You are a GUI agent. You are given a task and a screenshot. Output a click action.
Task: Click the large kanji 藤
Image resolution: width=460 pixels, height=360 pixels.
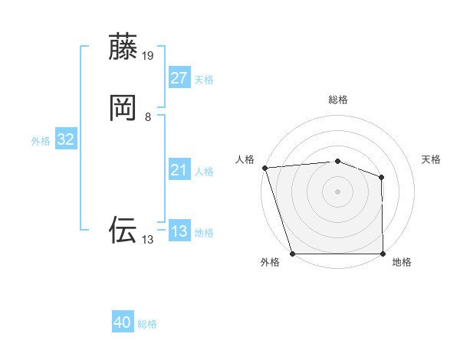coord(123,47)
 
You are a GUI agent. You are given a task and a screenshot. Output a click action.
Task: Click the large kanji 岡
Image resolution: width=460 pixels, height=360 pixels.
coord(123,107)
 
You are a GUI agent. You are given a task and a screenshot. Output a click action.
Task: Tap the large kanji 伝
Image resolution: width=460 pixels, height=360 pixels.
coord(123,230)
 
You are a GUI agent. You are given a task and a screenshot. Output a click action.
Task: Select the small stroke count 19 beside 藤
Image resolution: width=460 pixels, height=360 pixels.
coord(148,56)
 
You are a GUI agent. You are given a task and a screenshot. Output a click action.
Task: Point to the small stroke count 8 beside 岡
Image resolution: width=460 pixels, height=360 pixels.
coord(148,117)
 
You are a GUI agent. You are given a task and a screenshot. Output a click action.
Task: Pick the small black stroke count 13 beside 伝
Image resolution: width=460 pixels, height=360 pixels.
coord(148,240)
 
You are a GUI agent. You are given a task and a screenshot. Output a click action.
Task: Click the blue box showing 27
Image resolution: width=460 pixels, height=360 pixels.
coord(179,78)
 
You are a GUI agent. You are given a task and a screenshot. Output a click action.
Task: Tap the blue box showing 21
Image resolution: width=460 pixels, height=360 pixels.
coord(179,170)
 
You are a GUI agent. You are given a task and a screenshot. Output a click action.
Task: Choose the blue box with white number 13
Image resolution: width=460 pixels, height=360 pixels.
coord(179,231)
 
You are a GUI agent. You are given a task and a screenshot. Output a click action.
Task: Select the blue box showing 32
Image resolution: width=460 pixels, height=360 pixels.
coord(65,139)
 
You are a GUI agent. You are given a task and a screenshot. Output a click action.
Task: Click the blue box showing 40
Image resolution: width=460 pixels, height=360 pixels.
coord(123,322)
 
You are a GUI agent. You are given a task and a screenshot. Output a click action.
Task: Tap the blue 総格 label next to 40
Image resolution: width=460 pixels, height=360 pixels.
coord(147,324)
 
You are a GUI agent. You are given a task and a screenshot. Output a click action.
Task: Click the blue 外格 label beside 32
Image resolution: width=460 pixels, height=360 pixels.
coord(41,141)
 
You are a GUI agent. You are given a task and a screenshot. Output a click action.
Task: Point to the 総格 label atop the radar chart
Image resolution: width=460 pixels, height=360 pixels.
coord(337,100)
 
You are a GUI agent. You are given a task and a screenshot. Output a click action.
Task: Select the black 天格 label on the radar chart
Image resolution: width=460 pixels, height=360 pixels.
coord(432,159)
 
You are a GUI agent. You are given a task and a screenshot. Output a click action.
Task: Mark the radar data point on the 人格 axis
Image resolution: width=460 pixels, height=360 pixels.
coord(264,168)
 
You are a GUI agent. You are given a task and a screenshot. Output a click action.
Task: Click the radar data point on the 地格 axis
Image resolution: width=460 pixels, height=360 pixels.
coord(383,254)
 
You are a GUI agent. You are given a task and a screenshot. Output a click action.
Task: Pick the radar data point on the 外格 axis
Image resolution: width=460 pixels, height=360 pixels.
coord(292,254)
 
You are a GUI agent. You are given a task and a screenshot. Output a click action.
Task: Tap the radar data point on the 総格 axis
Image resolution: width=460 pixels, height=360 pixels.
coord(337,161)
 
